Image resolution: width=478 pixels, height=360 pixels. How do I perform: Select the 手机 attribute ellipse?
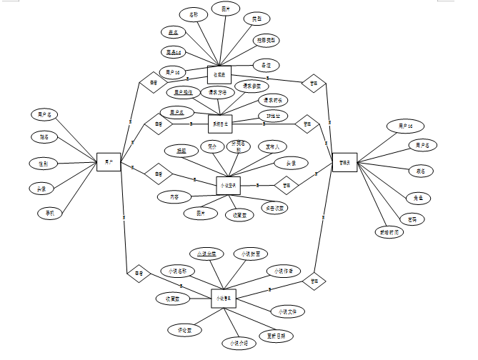pyautogui.click(x=50, y=213)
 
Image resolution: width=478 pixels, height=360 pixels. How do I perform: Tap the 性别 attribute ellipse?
pyautogui.click(x=44, y=163)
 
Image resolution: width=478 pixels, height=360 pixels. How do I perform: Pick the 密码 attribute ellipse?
pyautogui.click(x=412, y=219)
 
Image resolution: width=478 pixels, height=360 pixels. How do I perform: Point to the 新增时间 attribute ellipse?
pyautogui.click(x=389, y=232)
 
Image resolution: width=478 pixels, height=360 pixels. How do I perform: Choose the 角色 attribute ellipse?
pyautogui.click(x=418, y=198)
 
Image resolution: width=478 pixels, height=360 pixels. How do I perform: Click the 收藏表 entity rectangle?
pyautogui.click(x=219, y=75)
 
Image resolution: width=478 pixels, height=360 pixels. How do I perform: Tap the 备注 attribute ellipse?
pyautogui.click(x=265, y=64)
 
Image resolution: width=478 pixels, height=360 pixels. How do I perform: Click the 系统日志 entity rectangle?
pyautogui.click(x=219, y=123)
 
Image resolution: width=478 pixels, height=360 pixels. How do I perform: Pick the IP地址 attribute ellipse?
pyautogui.click(x=273, y=116)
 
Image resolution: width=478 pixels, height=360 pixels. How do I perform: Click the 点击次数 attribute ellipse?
pyautogui.click(x=274, y=208)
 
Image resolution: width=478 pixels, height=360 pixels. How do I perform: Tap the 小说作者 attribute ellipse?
pyautogui.click(x=284, y=271)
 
